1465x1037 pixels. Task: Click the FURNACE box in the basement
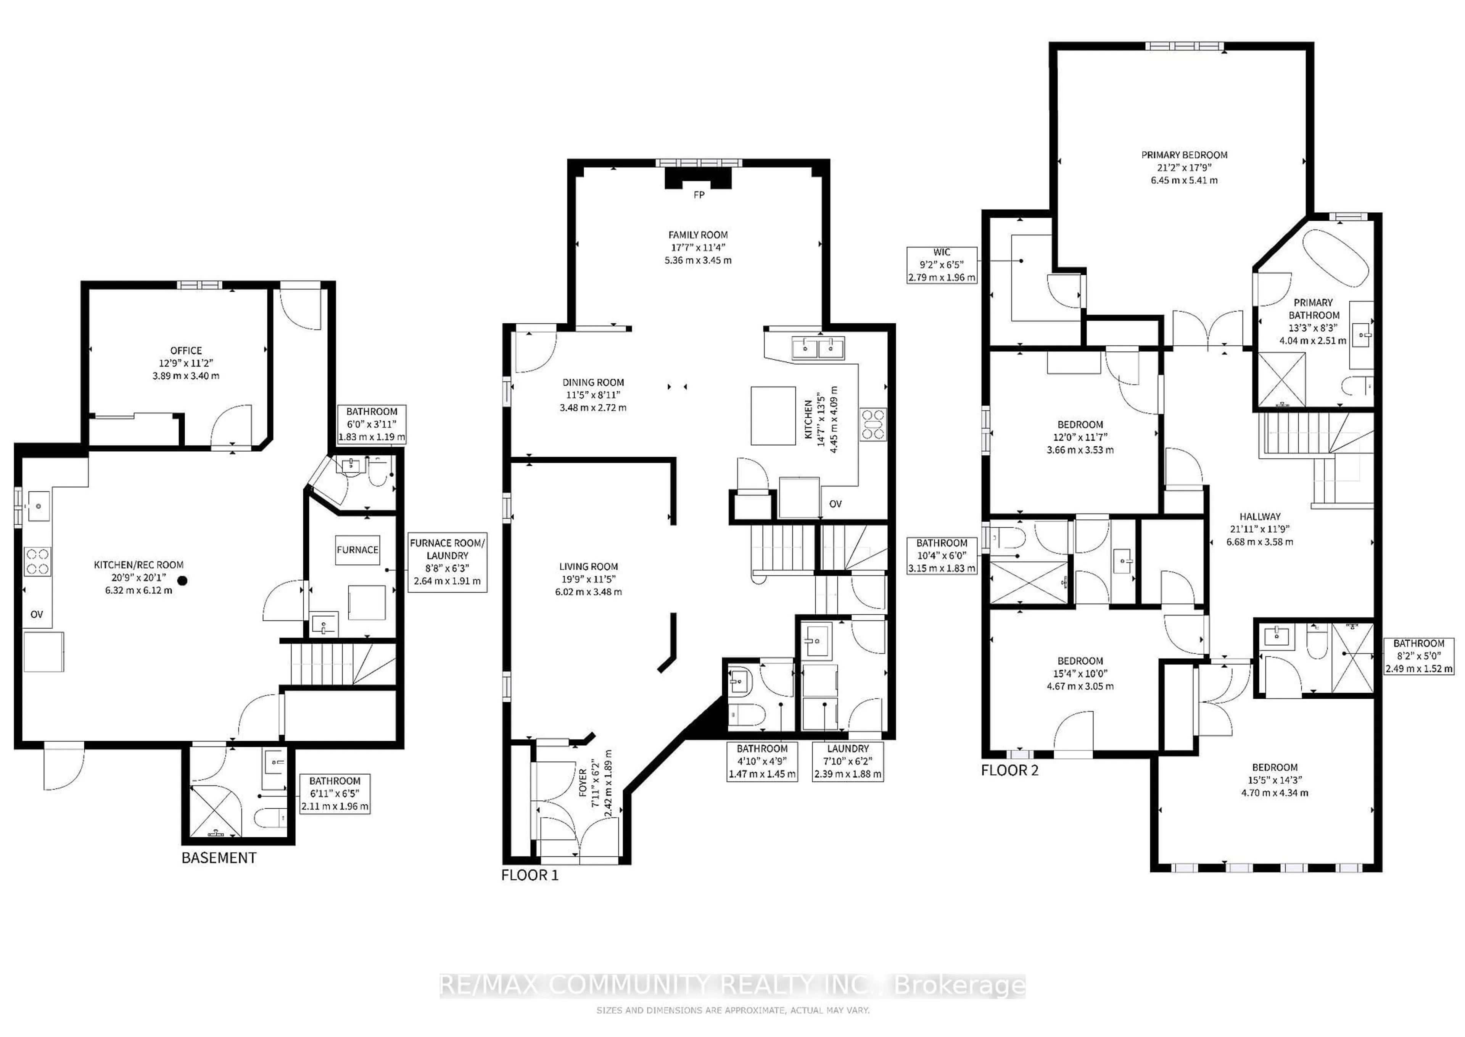coord(357,550)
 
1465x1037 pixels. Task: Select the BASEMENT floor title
coord(219,858)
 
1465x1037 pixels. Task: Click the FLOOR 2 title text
coord(1009,770)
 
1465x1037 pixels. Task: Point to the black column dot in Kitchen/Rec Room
coord(182,580)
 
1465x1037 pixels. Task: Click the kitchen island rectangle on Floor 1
coord(773,415)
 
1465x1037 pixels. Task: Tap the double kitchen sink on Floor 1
coord(818,348)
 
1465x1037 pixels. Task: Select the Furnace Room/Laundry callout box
coord(447,562)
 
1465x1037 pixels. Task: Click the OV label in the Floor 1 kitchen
coord(835,504)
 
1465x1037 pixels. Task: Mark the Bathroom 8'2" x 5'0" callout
coord(1418,656)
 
